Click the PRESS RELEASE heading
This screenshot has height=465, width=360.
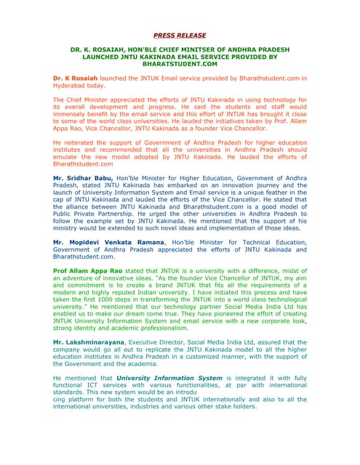click(x=180, y=36)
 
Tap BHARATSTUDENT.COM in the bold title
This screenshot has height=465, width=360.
click(x=180, y=64)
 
